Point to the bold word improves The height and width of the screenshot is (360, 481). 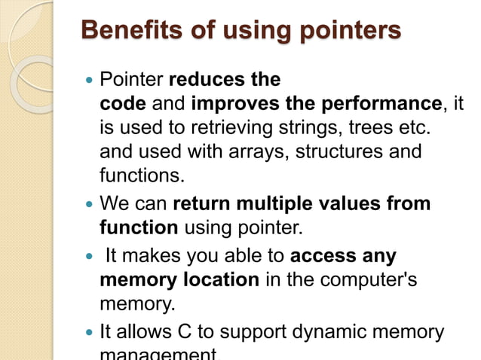coord(231,102)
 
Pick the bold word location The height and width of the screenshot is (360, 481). coord(218,280)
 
